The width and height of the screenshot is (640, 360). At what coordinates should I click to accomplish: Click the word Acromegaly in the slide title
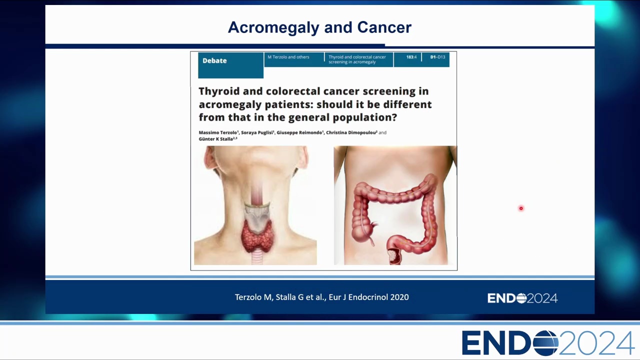click(273, 28)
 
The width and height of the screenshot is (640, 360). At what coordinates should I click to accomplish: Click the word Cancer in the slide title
click(384, 27)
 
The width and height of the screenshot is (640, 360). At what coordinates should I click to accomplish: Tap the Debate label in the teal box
click(214, 60)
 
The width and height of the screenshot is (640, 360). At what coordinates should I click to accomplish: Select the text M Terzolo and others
click(288, 57)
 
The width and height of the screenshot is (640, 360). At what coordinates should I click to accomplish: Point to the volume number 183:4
click(411, 57)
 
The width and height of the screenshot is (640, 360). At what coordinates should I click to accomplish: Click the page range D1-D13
click(437, 57)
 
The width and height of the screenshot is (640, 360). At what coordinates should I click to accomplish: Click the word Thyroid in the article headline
click(219, 91)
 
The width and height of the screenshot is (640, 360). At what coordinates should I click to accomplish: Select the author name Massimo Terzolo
click(217, 132)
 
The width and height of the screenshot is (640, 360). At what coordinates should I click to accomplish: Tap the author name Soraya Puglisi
click(257, 132)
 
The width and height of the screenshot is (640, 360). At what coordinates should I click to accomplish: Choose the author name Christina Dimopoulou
click(351, 132)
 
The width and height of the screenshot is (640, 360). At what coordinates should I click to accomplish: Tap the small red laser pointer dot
click(521, 208)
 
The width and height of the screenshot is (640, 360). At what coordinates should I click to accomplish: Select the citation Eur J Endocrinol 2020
click(368, 297)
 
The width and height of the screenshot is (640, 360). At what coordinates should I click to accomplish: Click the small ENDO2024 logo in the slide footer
click(522, 298)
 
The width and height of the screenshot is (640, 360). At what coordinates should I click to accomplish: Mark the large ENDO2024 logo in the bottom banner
click(548, 343)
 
